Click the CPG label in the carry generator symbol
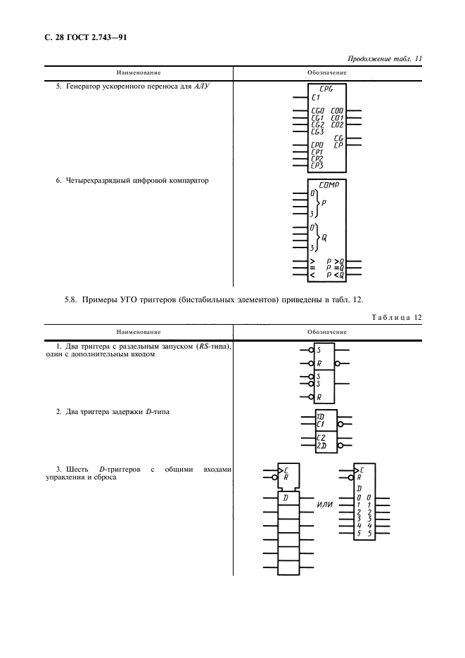326,89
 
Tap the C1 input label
315,97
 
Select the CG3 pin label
317,131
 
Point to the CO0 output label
337,111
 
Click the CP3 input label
317,165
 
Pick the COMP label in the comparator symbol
329,185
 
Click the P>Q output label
336,262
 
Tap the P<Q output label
336,276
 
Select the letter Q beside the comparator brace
324,238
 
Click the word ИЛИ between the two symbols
325,504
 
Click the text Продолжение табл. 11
385,59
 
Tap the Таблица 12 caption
397,317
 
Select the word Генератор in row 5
83,86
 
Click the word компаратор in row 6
189,181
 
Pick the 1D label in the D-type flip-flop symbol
320,417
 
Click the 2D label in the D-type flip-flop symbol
321,446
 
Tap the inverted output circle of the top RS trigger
337,363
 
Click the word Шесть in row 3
77,470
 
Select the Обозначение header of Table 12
327,332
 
